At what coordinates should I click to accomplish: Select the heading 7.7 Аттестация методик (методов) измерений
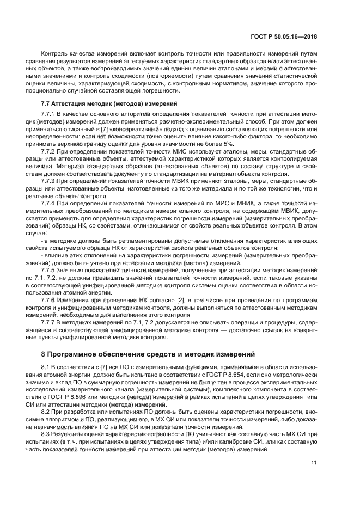pos(104,103)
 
